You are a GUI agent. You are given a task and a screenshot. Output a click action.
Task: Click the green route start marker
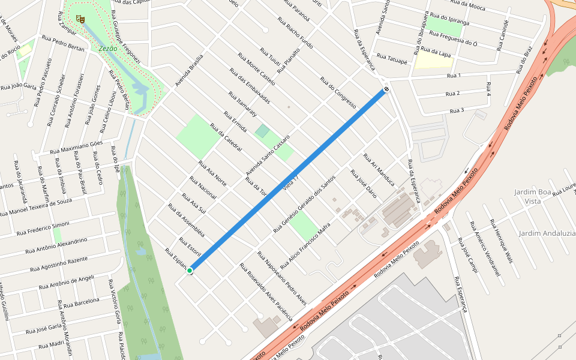coord(190,271)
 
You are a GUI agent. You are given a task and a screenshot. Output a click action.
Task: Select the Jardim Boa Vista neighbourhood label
coord(532,197)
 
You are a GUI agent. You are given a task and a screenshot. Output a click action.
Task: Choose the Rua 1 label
coord(454,76)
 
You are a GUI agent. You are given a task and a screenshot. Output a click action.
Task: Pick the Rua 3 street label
coord(457,110)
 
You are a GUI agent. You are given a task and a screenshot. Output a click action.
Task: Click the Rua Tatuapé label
coord(393,60)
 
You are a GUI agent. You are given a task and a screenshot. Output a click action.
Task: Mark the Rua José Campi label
coord(467,255)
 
